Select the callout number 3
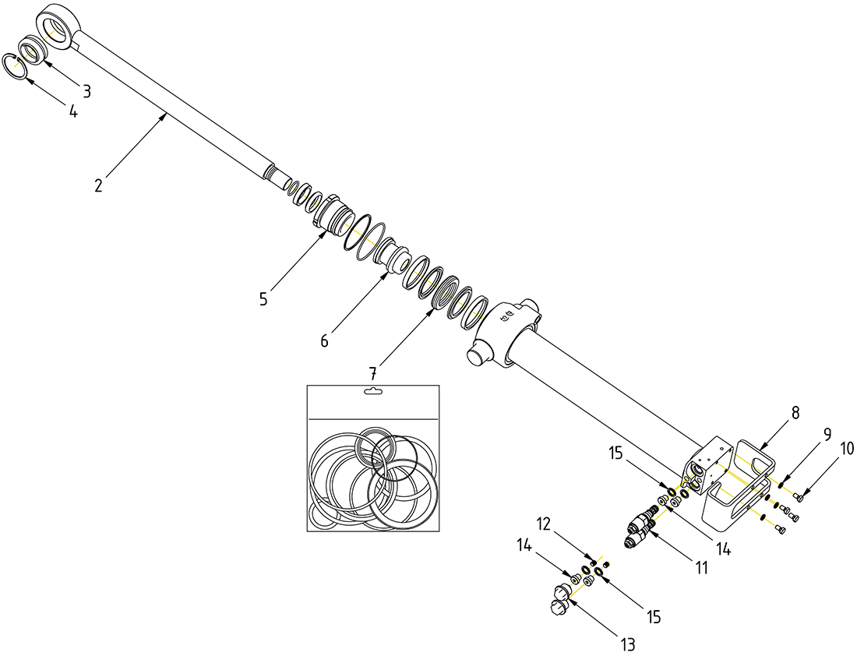tap(87, 91)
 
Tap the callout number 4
tap(72, 111)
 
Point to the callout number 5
tap(263, 298)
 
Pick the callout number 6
tap(324, 340)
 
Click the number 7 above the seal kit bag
tap(373, 375)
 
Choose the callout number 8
tap(795, 413)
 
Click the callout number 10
tap(847, 448)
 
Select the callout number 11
tap(701, 568)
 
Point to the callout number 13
tap(628, 644)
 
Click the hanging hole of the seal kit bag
tap(373, 393)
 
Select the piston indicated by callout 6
tap(394, 256)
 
